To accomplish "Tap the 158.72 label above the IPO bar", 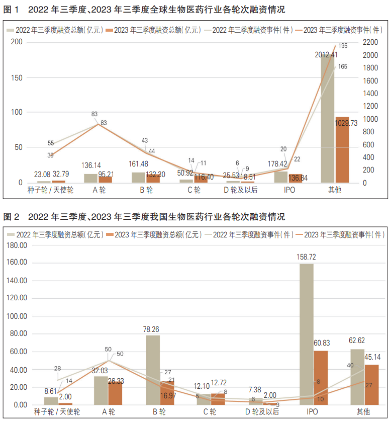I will click(307, 257).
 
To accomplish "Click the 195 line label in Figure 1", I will click(343, 46).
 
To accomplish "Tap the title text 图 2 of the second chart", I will click(11, 217).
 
